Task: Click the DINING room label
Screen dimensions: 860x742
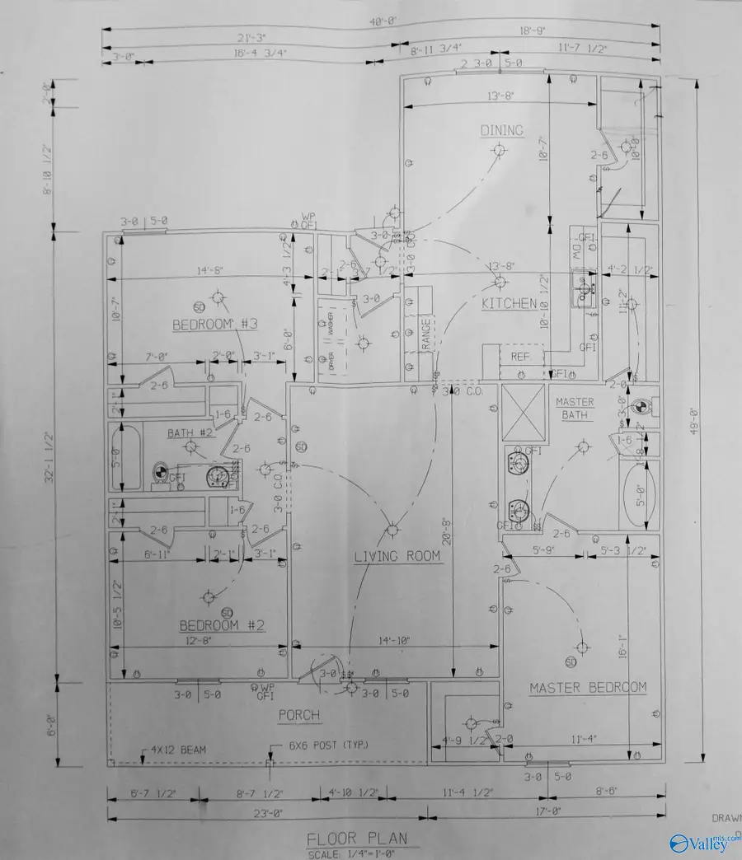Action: point(502,130)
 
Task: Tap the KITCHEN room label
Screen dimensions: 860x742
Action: point(509,303)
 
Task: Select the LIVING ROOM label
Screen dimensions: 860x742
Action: point(397,556)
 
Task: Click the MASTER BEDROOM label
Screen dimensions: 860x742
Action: point(588,687)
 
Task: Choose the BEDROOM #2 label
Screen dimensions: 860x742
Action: point(222,626)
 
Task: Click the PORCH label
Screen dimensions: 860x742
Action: point(298,715)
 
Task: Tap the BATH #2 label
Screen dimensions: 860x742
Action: point(191,432)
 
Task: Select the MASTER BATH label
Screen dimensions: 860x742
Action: point(575,409)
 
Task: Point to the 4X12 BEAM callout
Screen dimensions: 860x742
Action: point(178,750)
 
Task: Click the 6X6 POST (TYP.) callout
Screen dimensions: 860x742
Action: point(328,745)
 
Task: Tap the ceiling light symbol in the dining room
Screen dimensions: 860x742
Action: point(497,149)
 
